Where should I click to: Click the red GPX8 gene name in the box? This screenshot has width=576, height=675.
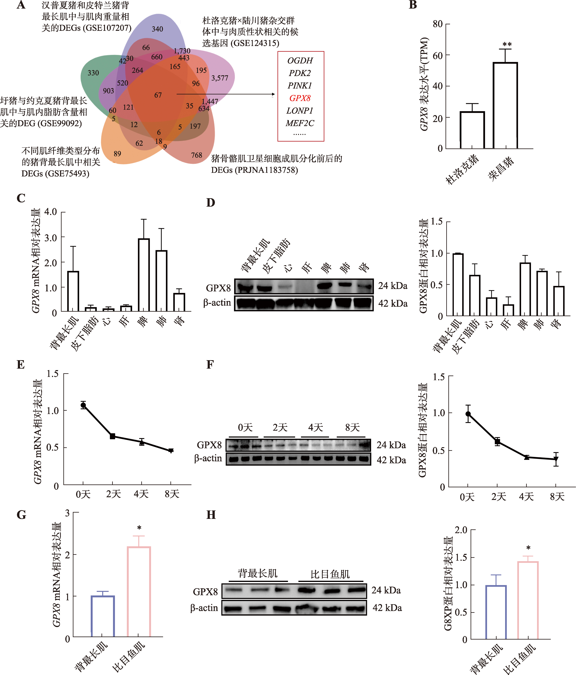(300, 98)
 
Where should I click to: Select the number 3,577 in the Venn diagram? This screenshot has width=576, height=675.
(220, 78)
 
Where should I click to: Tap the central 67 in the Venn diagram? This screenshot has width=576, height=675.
(158, 95)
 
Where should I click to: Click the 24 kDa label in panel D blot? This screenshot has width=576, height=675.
(393, 286)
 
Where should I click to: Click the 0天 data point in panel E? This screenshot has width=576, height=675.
(83, 405)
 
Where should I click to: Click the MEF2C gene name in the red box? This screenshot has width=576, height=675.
(300, 123)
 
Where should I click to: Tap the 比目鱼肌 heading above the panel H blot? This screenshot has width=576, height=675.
(330, 574)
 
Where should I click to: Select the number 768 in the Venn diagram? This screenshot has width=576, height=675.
(197, 155)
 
